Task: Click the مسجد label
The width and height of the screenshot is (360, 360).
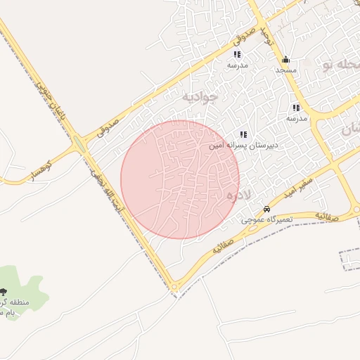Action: (286, 70)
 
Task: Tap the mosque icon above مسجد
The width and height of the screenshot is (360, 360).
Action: (285, 60)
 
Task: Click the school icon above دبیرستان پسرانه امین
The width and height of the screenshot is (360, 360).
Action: (243, 134)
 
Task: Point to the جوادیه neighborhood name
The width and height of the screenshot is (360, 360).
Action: (200, 95)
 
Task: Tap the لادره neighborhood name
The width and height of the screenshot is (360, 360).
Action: (230, 196)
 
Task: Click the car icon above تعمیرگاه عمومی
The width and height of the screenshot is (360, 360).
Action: (266, 210)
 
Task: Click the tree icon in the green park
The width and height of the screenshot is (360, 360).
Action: (4, 292)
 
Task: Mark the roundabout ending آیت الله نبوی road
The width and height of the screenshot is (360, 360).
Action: (174, 287)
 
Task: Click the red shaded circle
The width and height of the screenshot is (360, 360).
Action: (180, 179)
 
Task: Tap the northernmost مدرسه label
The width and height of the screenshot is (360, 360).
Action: (238, 65)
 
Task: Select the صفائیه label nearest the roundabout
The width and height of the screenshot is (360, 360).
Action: (222, 247)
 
